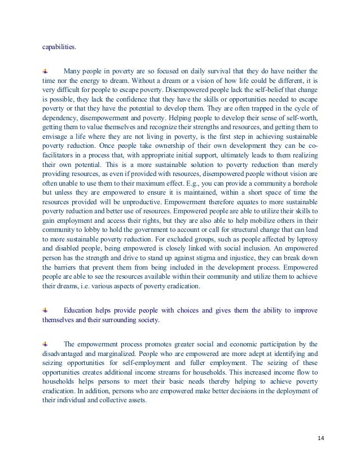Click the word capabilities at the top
click(x=59, y=47)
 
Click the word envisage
click(x=58, y=144)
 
